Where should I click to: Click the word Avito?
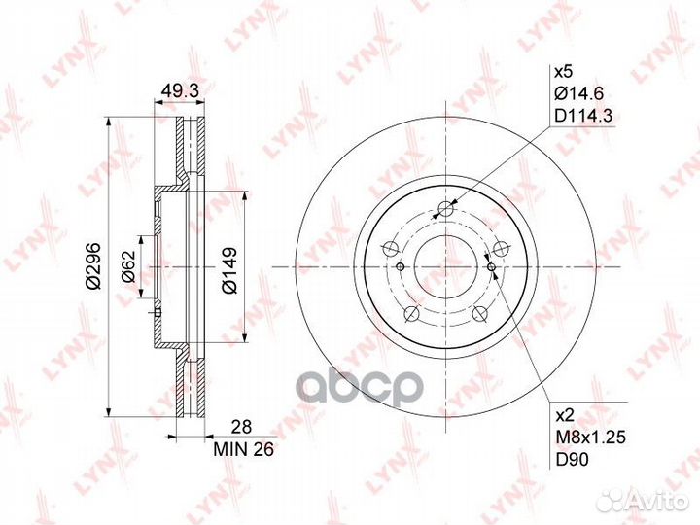tap(659, 501)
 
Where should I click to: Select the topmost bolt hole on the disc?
tap(446, 208)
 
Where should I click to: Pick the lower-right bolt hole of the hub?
tap(480, 313)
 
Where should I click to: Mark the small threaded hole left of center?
tap(400, 267)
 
